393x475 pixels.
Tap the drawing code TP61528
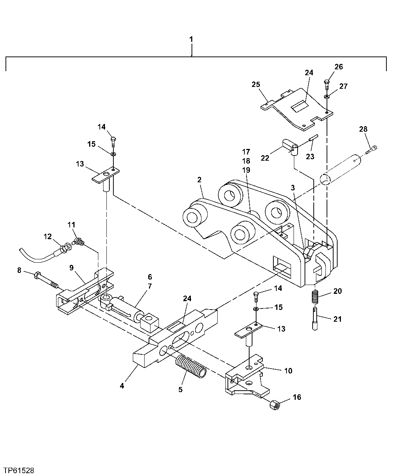pyautogui.click(x=19, y=470)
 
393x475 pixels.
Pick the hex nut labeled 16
pyautogui.click(x=273, y=405)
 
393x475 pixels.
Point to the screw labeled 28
pyautogui.click(x=372, y=150)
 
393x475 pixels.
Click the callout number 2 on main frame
pyautogui.click(x=199, y=180)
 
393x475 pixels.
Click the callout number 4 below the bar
pyautogui.click(x=122, y=386)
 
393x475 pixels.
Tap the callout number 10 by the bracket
pyautogui.click(x=288, y=371)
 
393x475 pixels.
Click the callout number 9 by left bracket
pyautogui.click(x=72, y=268)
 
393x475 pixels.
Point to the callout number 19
pyautogui.click(x=246, y=170)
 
